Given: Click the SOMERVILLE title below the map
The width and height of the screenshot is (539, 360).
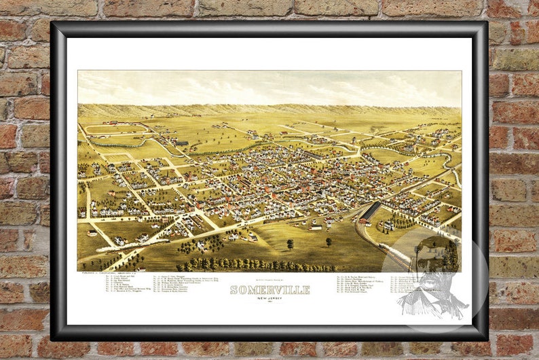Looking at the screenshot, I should point(269,290).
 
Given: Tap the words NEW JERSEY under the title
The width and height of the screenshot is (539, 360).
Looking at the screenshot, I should point(269,298).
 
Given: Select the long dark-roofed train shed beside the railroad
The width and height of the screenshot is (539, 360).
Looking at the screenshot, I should point(369,211).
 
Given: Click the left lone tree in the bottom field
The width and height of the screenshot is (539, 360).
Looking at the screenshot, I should point(291,243).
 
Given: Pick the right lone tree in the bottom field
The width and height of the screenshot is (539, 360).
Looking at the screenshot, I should point(329,241).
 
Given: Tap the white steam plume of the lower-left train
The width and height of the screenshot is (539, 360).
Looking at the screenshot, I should point(102,257).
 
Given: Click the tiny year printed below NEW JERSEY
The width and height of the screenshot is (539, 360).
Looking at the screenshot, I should point(269,303).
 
